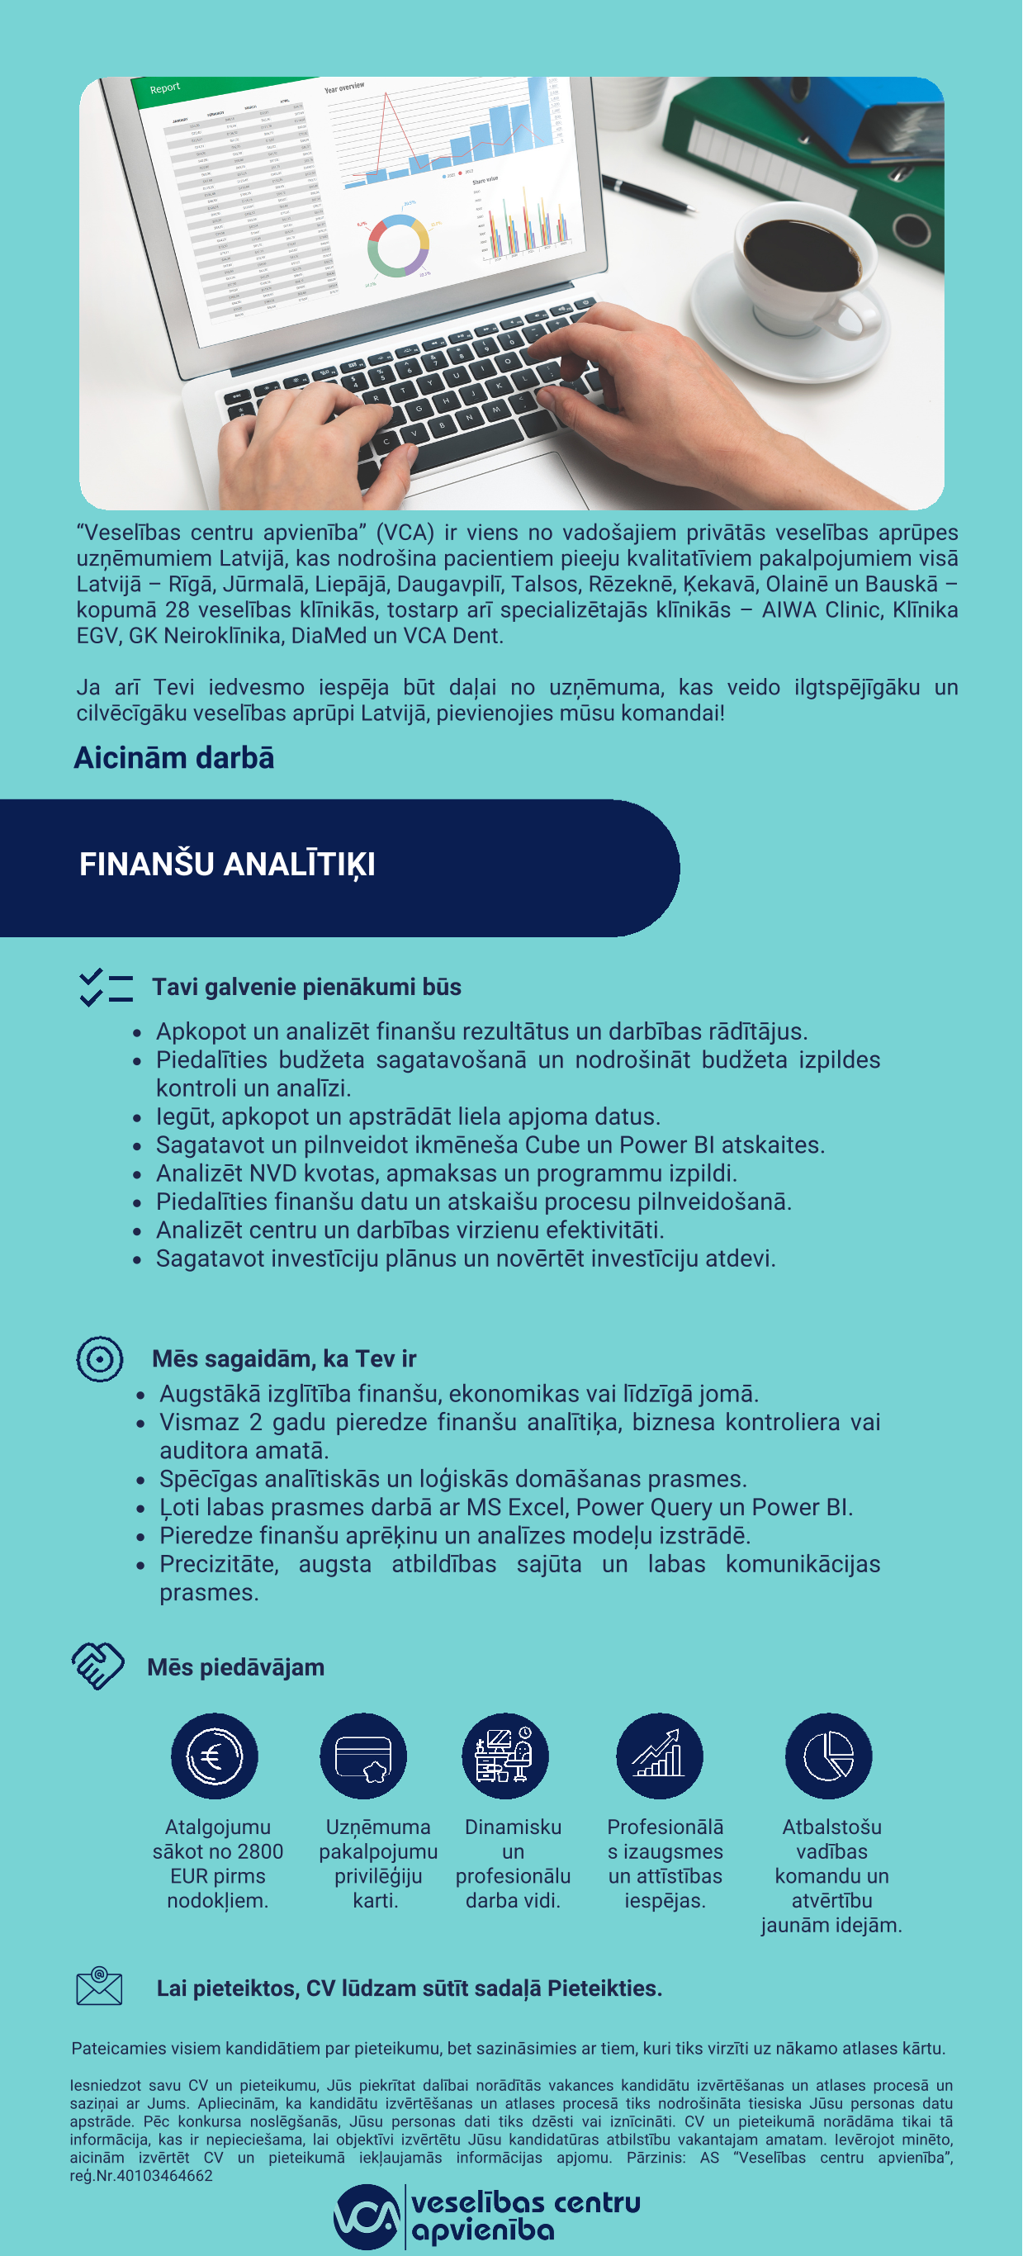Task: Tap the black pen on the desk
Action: [x=652, y=194]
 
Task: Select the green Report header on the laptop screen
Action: [x=219, y=88]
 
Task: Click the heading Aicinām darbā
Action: [x=174, y=757]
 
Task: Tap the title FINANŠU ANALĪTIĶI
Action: [x=227, y=865]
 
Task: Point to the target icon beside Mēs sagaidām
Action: [x=100, y=1358]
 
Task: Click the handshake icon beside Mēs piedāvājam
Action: [x=98, y=1665]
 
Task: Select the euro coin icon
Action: [x=215, y=1756]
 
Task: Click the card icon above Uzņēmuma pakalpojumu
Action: [x=363, y=1756]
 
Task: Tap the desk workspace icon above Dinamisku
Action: [x=505, y=1756]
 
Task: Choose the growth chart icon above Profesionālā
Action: [x=660, y=1756]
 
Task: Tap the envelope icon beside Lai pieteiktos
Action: [x=99, y=1986]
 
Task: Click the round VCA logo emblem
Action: [x=367, y=2216]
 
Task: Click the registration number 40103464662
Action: [x=164, y=2175]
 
